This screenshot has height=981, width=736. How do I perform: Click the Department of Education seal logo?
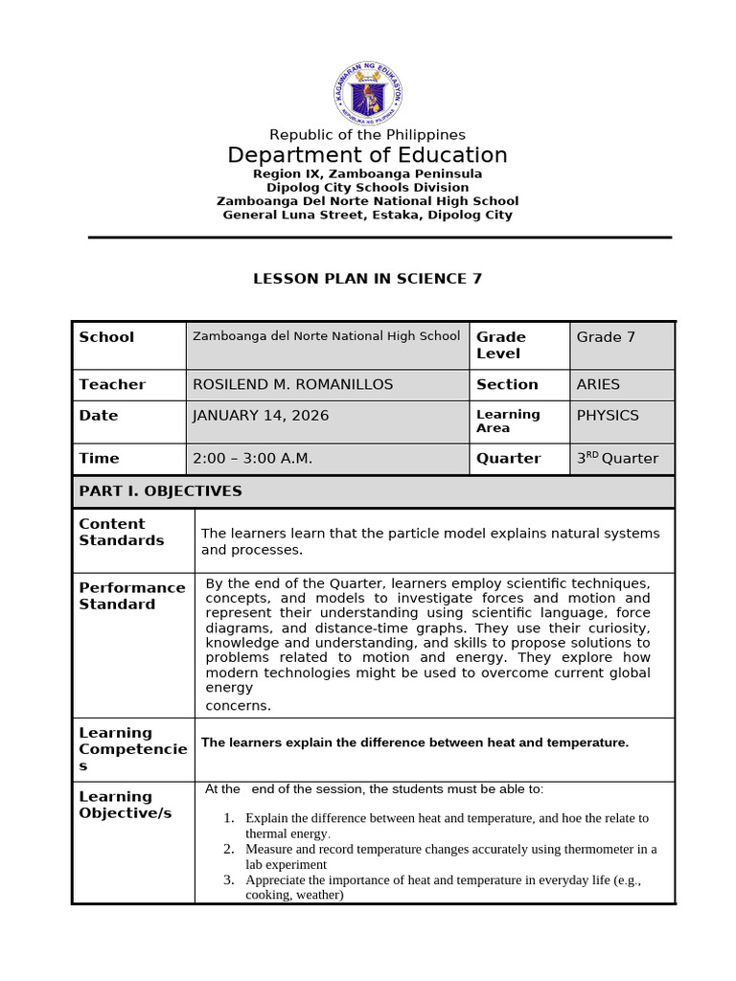click(368, 93)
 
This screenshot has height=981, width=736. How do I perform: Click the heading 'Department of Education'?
click(368, 155)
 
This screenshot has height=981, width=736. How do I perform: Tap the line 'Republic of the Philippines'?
click(368, 135)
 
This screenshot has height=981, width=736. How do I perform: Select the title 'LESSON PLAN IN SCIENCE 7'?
click(368, 279)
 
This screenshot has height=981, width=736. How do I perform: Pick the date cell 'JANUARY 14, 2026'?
click(261, 416)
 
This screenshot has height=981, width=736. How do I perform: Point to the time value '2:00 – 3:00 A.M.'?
click(253, 459)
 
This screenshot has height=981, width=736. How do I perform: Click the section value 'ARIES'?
click(598, 384)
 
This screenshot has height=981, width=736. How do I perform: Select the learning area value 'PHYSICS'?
click(608, 416)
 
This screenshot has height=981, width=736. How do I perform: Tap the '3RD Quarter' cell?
click(617, 459)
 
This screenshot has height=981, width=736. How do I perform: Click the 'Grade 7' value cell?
click(606, 337)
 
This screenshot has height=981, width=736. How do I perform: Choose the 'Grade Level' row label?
click(501, 345)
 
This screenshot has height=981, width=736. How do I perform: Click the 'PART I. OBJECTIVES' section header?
click(160, 491)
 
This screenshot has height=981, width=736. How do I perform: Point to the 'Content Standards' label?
click(122, 532)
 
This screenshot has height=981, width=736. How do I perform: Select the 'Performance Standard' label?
click(132, 596)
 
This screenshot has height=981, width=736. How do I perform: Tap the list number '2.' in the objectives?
click(229, 849)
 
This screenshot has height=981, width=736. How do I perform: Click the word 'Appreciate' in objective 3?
click(276, 879)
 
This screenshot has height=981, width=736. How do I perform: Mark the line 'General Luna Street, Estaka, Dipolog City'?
click(368, 215)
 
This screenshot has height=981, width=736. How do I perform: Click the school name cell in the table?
click(327, 336)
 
